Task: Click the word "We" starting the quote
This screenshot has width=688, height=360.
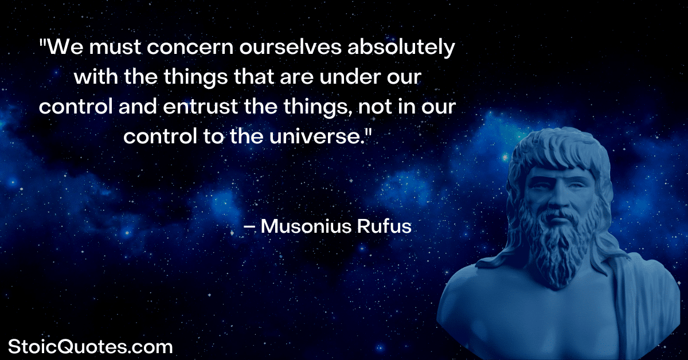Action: [65, 48]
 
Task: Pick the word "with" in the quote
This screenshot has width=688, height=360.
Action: [96, 77]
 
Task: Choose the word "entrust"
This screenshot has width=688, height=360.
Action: [200, 107]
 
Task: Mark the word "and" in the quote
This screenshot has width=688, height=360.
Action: [138, 106]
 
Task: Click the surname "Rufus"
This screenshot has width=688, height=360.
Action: [384, 226]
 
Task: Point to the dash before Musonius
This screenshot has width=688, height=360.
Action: [249, 228]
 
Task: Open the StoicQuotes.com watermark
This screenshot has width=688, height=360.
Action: [91, 347]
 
